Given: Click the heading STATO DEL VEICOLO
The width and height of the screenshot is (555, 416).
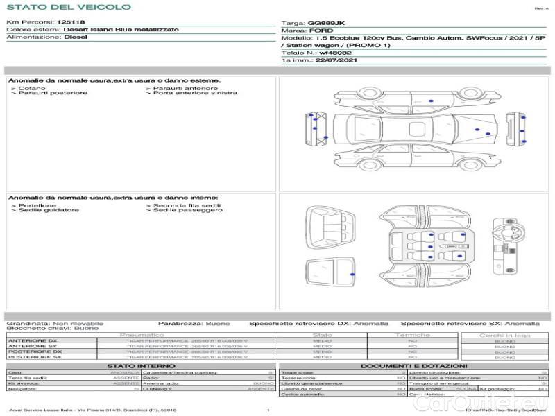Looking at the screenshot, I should coord(69,7).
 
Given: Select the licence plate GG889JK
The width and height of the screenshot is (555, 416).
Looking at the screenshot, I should coord(325,23).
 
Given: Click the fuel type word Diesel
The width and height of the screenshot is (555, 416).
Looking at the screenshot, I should coord(76,37).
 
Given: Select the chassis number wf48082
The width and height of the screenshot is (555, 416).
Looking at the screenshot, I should coord(335,53).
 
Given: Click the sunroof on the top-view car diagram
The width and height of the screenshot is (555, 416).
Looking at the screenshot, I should coord(418,128).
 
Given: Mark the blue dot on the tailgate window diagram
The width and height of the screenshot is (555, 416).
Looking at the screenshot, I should coord(353,275).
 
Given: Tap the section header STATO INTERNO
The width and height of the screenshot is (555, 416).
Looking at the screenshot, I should coord(137,366).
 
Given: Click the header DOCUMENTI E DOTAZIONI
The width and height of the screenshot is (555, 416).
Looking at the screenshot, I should coord(413,366).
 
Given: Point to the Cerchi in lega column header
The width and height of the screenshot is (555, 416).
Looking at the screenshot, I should coord(504,335).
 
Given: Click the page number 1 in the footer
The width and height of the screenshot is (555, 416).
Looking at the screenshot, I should coord(268,410).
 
